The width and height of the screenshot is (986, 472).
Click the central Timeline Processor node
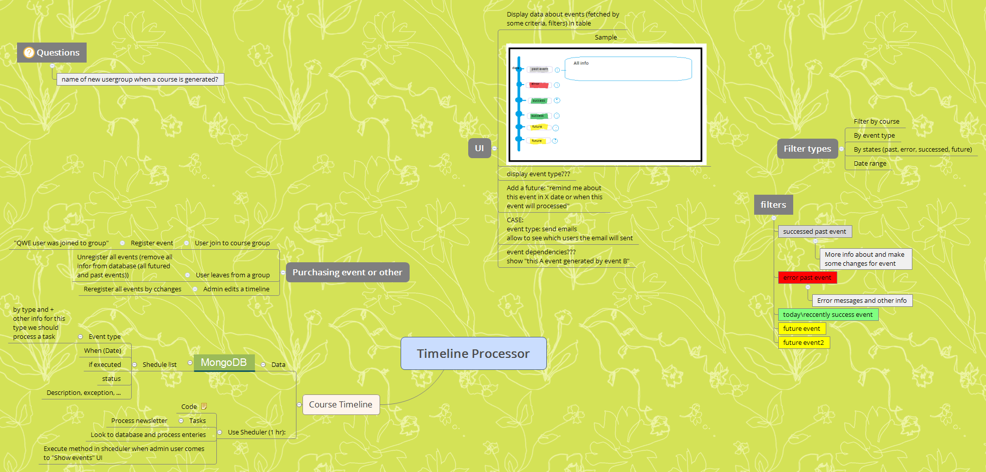click(x=473, y=353)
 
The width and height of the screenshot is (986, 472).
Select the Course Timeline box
click(x=341, y=404)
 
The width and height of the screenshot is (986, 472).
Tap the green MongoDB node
click(x=224, y=362)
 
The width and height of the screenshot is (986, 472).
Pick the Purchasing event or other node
click(x=347, y=272)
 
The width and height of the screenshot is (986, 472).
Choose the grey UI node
click(x=479, y=148)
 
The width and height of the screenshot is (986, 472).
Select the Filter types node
click(x=807, y=149)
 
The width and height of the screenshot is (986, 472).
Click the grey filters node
click(x=773, y=205)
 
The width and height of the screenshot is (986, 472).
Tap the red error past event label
click(x=807, y=278)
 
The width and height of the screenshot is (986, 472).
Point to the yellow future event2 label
click(x=803, y=343)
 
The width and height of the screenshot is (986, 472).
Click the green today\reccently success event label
click(x=828, y=315)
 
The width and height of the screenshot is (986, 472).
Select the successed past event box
click(x=814, y=232)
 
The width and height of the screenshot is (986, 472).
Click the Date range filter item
click(x=870, y=164)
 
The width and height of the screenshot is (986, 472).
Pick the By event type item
click(x=874, y=136)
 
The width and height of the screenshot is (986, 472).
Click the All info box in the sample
click(x=628, y=69)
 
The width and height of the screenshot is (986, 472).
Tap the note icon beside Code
click(x=204, y=406)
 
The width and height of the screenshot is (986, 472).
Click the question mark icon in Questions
click(x=29, y=53)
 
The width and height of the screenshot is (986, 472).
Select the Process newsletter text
click(x=139, y=421)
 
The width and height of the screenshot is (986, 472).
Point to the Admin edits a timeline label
click(x=236, y=289)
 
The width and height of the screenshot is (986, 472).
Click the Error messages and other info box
click(x=861, y=301)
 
